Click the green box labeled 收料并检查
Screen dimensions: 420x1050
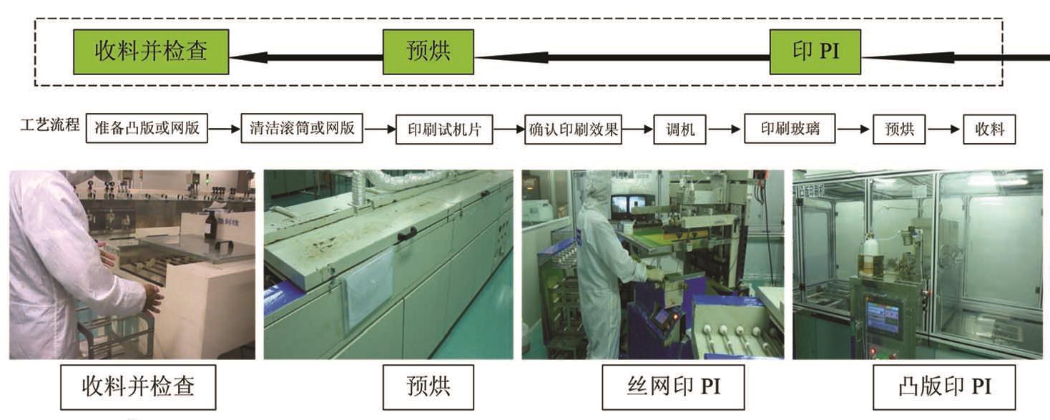[x=151, y=52]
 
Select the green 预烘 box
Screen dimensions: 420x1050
[x=428, y=52]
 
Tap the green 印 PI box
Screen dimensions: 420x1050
[x=815, y=52]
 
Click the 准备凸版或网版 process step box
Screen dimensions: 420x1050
[x=147, y=130]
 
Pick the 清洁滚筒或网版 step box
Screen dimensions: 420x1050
[x=301, y=130]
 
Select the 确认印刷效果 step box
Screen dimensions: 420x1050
[x=574, y=130]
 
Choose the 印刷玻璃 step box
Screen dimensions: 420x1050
[x=789, y=130]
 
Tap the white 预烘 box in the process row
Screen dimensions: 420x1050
[x=899, y=130]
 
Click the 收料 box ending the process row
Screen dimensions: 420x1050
[x=990, y=130]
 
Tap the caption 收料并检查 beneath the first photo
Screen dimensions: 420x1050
[x=138, y=387]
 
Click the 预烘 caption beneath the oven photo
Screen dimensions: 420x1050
[x=428, y=387]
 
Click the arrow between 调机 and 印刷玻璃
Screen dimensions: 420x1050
[x=725, y=130]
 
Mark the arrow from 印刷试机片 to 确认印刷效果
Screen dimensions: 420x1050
[x=509, y=130]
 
